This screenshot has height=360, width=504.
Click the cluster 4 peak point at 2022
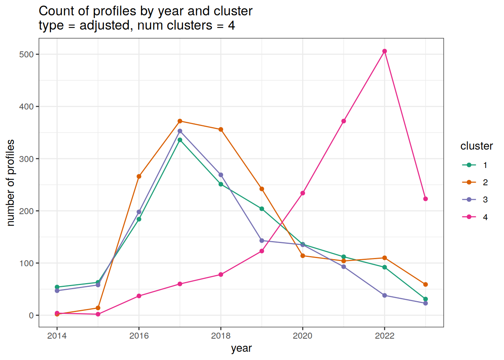pos(384,51)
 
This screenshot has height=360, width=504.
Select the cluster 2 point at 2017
pos(180,121)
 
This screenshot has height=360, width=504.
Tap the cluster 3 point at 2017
pos(180,131)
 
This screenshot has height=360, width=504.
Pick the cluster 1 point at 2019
pos(262,209)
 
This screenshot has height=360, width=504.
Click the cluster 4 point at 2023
pos(425,199)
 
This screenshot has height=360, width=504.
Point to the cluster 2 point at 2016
pos(139,176)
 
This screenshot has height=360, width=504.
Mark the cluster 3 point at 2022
pos(384,295)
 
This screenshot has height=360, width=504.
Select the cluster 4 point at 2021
pos(343,121)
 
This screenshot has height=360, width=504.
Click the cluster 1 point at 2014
pos(57,287)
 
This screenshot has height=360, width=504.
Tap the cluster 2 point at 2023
pos(425,285)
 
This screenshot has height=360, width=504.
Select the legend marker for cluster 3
pos(469,199)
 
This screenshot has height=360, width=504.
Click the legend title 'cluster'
pos(476,146)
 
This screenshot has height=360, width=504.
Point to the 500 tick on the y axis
pos(26,54)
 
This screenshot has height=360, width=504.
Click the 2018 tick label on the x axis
pos(220,336)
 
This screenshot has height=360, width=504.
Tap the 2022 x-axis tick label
pos(384,336)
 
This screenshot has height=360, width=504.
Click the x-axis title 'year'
pos(241,348)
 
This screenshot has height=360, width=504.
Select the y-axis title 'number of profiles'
pos(11,183)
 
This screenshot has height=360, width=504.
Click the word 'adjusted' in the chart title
pos(104,25)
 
